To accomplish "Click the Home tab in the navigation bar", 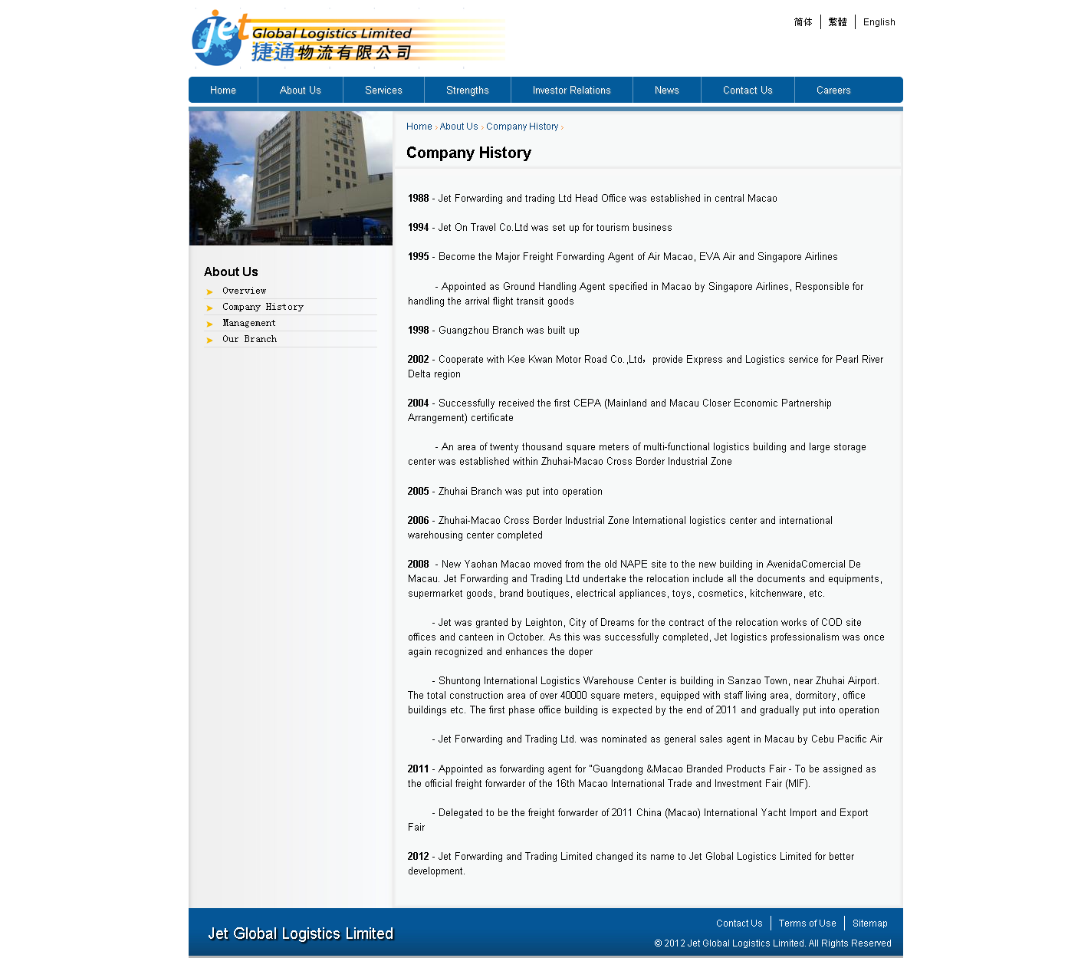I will point(223,91).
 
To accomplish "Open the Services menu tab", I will point(383,91).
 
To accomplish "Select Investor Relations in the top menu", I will point(571,91).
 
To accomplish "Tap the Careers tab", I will point(833,91).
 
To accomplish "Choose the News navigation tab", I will point(666,91).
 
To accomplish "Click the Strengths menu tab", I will point(467,91).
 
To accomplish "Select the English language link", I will point(879,22).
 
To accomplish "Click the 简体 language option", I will point(803,22).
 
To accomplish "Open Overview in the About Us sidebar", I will point(244,291).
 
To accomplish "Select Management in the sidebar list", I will point(248,323).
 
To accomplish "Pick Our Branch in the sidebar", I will point(249,339).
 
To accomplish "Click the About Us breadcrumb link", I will point(458,127).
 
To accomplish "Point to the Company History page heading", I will point(468,153).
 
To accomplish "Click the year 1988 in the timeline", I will point(418,199).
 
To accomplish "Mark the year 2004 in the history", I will point(418,403).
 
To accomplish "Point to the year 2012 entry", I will point(418,857).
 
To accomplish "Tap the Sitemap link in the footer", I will point(869,923).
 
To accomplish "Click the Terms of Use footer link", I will point(807,923).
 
